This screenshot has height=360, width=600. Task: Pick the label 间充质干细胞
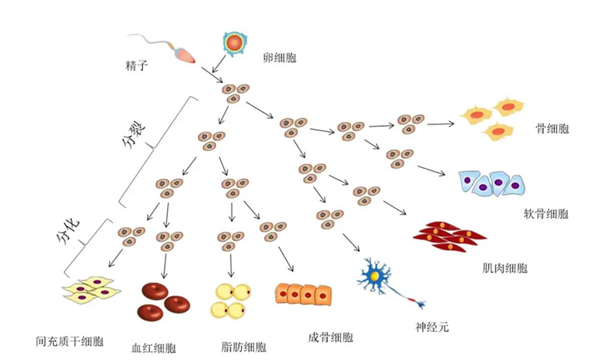coord(69,342)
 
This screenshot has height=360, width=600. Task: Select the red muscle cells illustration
coord(449,236)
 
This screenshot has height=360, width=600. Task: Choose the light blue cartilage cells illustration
coord(491,183)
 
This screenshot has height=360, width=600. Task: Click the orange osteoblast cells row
coord(304,293)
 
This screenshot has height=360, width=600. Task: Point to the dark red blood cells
coord(166,300)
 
